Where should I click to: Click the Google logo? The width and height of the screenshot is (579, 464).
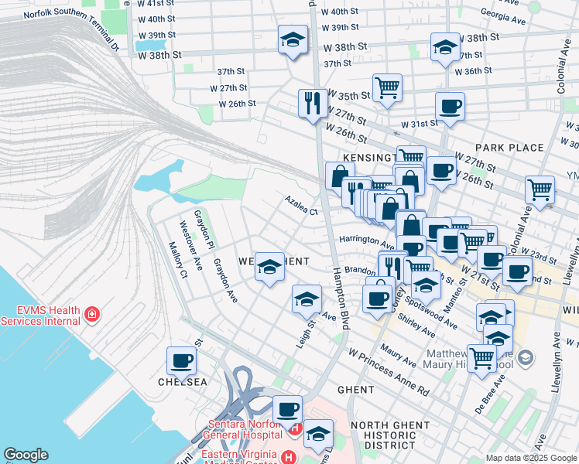tap(26, 455)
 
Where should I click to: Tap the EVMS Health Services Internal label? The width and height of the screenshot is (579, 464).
tap(40, 315)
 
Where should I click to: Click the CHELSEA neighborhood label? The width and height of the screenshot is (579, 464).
tap(183, 382)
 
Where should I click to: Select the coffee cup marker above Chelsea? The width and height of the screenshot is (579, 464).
tap(183, 360)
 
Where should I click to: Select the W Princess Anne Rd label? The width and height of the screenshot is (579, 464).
tap(389, 371)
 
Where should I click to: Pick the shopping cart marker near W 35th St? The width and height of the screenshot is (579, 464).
tap(387, 87)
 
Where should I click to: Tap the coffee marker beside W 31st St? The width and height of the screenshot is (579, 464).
tap(450, 107)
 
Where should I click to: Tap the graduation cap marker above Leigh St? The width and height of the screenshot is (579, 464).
tap(307, 298)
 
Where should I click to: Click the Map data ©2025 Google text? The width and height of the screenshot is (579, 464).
tap(532, 457)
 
